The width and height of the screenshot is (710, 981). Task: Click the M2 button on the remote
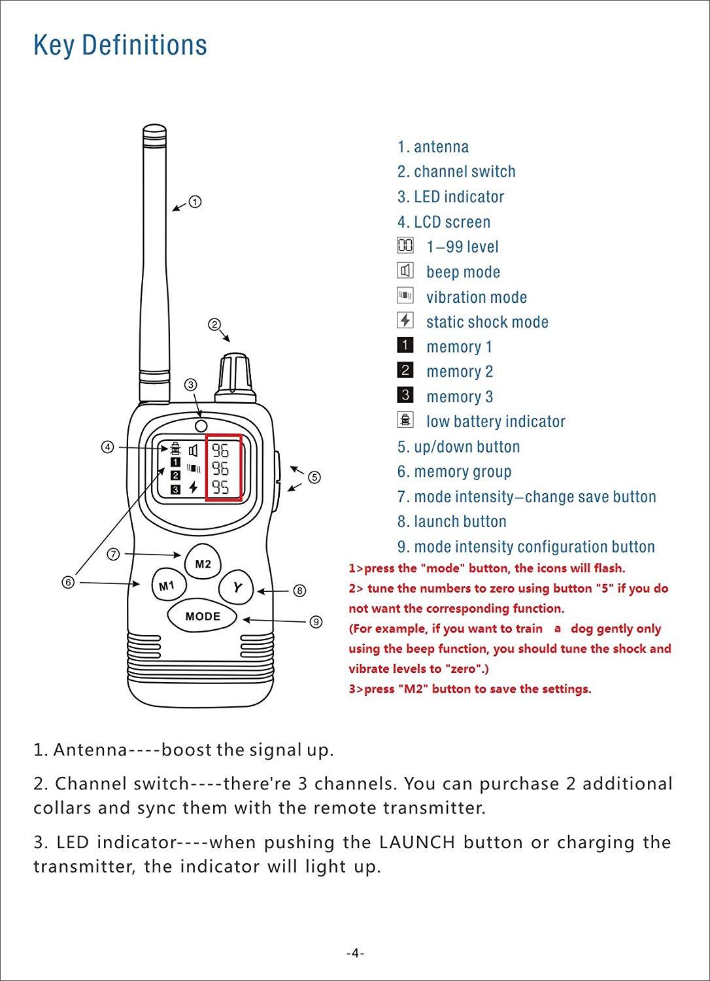point(203,564)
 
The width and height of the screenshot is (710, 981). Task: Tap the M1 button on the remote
point(167,586)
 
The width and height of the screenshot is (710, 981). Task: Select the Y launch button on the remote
point(237,588)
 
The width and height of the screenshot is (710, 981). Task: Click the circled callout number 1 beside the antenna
point(195,202)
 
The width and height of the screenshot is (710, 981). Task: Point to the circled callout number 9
point(316,621)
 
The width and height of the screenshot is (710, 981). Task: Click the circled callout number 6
point(67,582)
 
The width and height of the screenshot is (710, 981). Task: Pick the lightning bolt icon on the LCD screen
point(193,487)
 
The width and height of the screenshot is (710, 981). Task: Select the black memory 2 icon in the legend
point(405,370)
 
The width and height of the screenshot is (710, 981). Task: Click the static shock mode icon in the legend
point(405,320)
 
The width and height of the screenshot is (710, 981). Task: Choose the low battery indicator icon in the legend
point(405,420)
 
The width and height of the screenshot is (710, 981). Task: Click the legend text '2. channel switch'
point(456,171)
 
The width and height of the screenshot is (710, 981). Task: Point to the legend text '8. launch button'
point(452,521)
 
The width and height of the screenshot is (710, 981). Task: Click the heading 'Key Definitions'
point(120,45)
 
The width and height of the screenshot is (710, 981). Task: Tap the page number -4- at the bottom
point(355,953)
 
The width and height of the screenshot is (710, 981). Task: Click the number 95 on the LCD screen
point(220,487)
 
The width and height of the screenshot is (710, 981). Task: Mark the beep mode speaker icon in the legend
point(405,271)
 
